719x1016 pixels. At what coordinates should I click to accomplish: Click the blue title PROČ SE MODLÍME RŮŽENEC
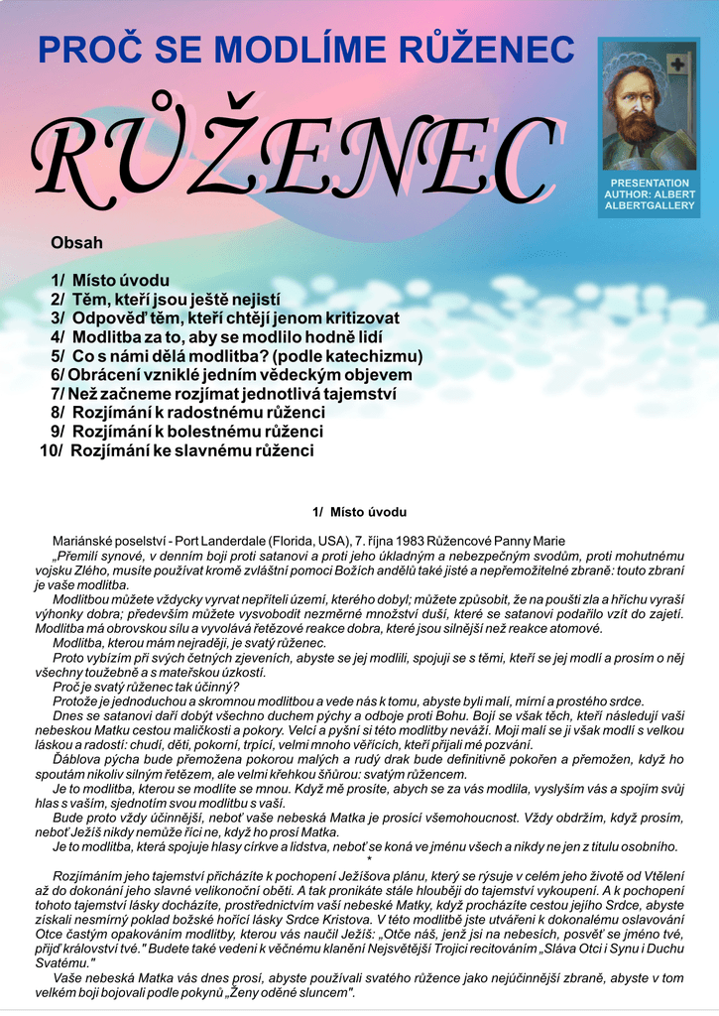[x=305, y=49]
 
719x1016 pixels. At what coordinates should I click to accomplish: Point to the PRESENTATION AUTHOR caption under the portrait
[x=650, y=194]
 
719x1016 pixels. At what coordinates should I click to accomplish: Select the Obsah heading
[x=76, y=242]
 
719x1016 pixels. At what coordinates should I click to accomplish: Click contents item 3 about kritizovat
[x=225, y=317]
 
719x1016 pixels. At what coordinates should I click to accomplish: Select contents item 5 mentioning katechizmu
[x=237, y=355]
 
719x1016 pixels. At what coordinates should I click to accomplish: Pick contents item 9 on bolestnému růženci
[x=186, y=432]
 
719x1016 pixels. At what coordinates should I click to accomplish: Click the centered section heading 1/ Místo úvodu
[x=359, y=512]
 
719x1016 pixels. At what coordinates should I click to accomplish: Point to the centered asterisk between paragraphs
[x=369, y=859]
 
